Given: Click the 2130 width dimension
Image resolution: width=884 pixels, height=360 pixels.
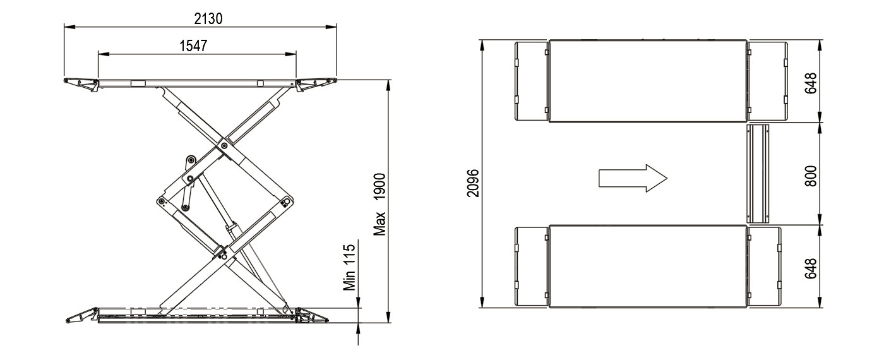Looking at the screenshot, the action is pos(208,18).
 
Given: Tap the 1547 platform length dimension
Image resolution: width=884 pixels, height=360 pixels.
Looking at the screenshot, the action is pos(193,45).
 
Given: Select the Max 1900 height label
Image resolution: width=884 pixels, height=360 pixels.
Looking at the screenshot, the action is pos(379,204).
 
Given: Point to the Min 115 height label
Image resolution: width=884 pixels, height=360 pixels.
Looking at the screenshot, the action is pos(350,267).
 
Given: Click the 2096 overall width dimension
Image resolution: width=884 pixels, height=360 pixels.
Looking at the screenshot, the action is pos(473,183).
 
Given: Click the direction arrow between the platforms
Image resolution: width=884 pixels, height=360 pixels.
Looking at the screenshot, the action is pos(633,178).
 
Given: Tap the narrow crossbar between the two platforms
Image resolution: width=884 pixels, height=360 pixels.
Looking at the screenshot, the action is pos(758,174).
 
